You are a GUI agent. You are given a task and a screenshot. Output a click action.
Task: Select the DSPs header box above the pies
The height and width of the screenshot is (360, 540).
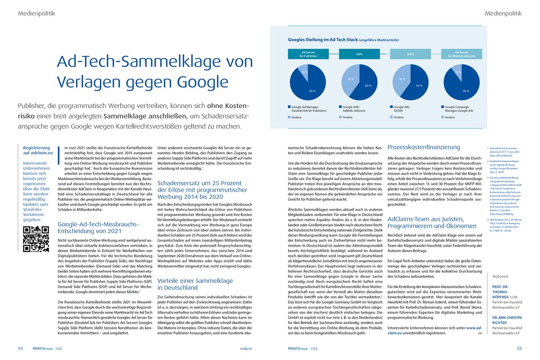[x=410, y=54]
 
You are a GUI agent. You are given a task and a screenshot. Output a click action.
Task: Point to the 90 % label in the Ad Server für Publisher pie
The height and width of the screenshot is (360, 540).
[x=312, y=91]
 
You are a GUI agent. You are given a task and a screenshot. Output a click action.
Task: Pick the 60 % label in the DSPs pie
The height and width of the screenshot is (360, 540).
[x=419, y=85]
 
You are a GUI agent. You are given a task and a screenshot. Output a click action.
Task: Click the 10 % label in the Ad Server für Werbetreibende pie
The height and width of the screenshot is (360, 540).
[x=459, y=72]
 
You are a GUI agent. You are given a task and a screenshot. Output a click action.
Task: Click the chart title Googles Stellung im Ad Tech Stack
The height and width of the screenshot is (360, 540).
[x=327, y=40]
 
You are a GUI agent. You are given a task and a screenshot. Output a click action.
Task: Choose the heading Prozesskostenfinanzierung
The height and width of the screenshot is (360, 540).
[x=423, y=147]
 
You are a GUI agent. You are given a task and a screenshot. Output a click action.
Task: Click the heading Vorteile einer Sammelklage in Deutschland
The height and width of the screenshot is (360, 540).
[x=195, y=284]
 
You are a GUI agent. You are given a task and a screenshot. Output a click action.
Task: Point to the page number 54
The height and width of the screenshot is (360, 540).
[x=21, y=348]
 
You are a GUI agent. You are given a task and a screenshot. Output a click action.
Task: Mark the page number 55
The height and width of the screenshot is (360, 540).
[x=519, y=348]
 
